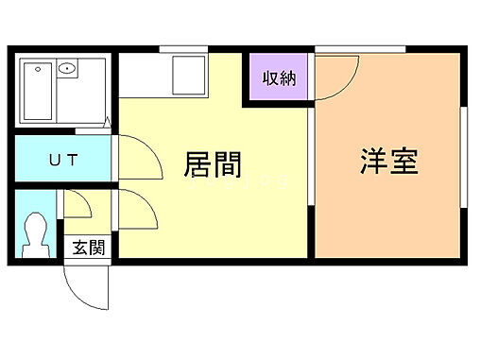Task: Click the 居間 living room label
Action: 213,166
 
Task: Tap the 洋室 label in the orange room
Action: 388,160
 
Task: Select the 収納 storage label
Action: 280,78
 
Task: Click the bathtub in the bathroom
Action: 38,90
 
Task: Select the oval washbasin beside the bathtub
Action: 67,69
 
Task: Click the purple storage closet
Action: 280,78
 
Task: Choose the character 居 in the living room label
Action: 197,166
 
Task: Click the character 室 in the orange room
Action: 403,160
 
